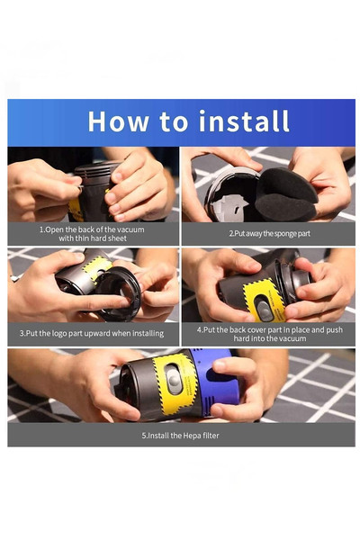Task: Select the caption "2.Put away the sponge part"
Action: (269, 233)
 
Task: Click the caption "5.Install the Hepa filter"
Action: (180, 436)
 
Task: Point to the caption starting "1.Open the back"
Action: (92, 234)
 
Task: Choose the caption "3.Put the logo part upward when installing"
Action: (92, 333)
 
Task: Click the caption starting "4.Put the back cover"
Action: (270, 334)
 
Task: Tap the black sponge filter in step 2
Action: (285, 194)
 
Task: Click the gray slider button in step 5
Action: (174, 379)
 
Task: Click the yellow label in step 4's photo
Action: (265, 301)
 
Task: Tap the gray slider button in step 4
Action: (264, 307)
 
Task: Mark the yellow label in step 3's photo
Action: (97, 267)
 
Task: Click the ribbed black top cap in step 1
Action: (97, 168)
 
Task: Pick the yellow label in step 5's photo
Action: (175, 383)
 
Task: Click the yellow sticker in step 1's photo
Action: (76, 210)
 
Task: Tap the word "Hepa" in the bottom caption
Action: (192, 436)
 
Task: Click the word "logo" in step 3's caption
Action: (59, 333)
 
